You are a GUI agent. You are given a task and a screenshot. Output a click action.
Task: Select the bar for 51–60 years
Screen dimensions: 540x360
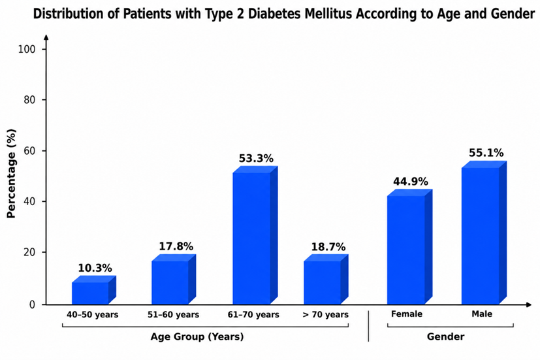coord(174,279)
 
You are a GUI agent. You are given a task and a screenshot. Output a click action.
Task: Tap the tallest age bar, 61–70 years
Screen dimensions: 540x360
coord(255,235)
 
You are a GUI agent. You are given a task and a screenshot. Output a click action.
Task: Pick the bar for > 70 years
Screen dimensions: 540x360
coord(326,279)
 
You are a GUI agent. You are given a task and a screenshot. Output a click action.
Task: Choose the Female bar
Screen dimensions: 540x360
coord(409,247)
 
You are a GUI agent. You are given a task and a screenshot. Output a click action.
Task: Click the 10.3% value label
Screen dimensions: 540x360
coord(95,268)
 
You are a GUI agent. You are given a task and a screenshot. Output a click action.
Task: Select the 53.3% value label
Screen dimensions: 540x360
coord(256,159)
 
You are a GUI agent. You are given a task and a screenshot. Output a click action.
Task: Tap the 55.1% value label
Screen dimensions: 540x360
coord(486,153)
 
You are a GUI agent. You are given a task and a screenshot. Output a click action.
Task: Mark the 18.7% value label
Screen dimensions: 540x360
coord(328,247)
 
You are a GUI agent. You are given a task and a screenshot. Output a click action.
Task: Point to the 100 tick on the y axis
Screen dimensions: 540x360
coord(27,49)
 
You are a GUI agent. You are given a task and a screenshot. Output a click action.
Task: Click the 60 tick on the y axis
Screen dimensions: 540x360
coord(29,151)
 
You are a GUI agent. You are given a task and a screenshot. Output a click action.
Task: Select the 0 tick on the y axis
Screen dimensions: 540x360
coord(33,304)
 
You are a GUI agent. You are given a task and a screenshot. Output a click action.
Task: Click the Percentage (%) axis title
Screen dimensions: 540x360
coord(11,174)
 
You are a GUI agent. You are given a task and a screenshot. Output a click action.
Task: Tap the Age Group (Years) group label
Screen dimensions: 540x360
coord(197,336)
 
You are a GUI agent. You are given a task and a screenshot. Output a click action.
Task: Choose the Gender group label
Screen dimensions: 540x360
coord(445,336)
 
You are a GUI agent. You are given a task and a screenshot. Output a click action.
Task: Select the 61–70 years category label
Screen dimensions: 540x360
coord(253,314)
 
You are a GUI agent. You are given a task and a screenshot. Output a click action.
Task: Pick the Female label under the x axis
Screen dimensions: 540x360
coord(407,314)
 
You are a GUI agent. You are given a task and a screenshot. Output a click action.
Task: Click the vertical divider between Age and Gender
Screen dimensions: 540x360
coord(368,326)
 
